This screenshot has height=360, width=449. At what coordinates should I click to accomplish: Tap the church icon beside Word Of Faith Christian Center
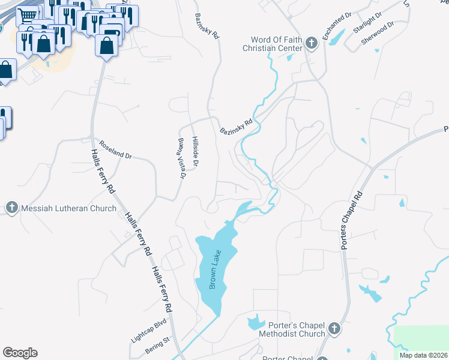click(x=311, y=43)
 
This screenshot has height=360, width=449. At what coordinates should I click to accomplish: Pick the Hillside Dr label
click(x=196, y=151)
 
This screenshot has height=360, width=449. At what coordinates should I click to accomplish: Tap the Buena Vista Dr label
click(x=182, y=158)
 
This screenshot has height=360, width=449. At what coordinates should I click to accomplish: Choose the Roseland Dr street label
click(x=115, y=151)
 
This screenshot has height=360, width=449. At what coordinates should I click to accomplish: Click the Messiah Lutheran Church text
click(x=69, y=208)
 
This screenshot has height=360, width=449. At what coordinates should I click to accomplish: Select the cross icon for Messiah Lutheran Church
click(x=11, y=208)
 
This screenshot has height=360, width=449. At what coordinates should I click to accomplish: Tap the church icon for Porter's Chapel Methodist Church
click(x=334, y=329)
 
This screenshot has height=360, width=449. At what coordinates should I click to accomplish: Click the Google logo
click(x=20, y=353)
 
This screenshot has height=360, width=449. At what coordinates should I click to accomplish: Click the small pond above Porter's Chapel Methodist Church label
click(x=256, y=321)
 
